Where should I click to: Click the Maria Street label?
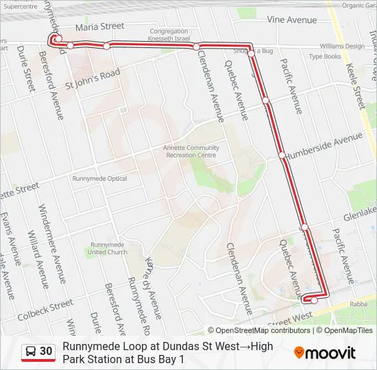click(x=100, y=27)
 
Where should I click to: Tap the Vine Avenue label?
click(x=293, y=20)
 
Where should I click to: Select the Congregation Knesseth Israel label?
click(x=169, y=35)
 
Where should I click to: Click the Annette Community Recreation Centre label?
click(x=191, y=151)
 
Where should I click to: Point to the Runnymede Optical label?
click(x=99, y=179)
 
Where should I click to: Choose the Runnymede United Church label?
click(x=108, y=248)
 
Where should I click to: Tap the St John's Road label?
click(x=93, y=79)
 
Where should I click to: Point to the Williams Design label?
click(x=341, y=47)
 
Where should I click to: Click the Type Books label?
click(x=324, y=57)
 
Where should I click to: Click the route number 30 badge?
click(x=46, y=351)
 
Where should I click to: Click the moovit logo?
click(x=325, y=353)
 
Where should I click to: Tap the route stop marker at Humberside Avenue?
click(x=282, y=156)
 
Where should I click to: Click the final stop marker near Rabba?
click(x=314, y=299)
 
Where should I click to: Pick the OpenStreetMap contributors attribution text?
click(x=263, y=330)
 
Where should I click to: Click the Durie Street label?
click(x=25, y=69)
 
